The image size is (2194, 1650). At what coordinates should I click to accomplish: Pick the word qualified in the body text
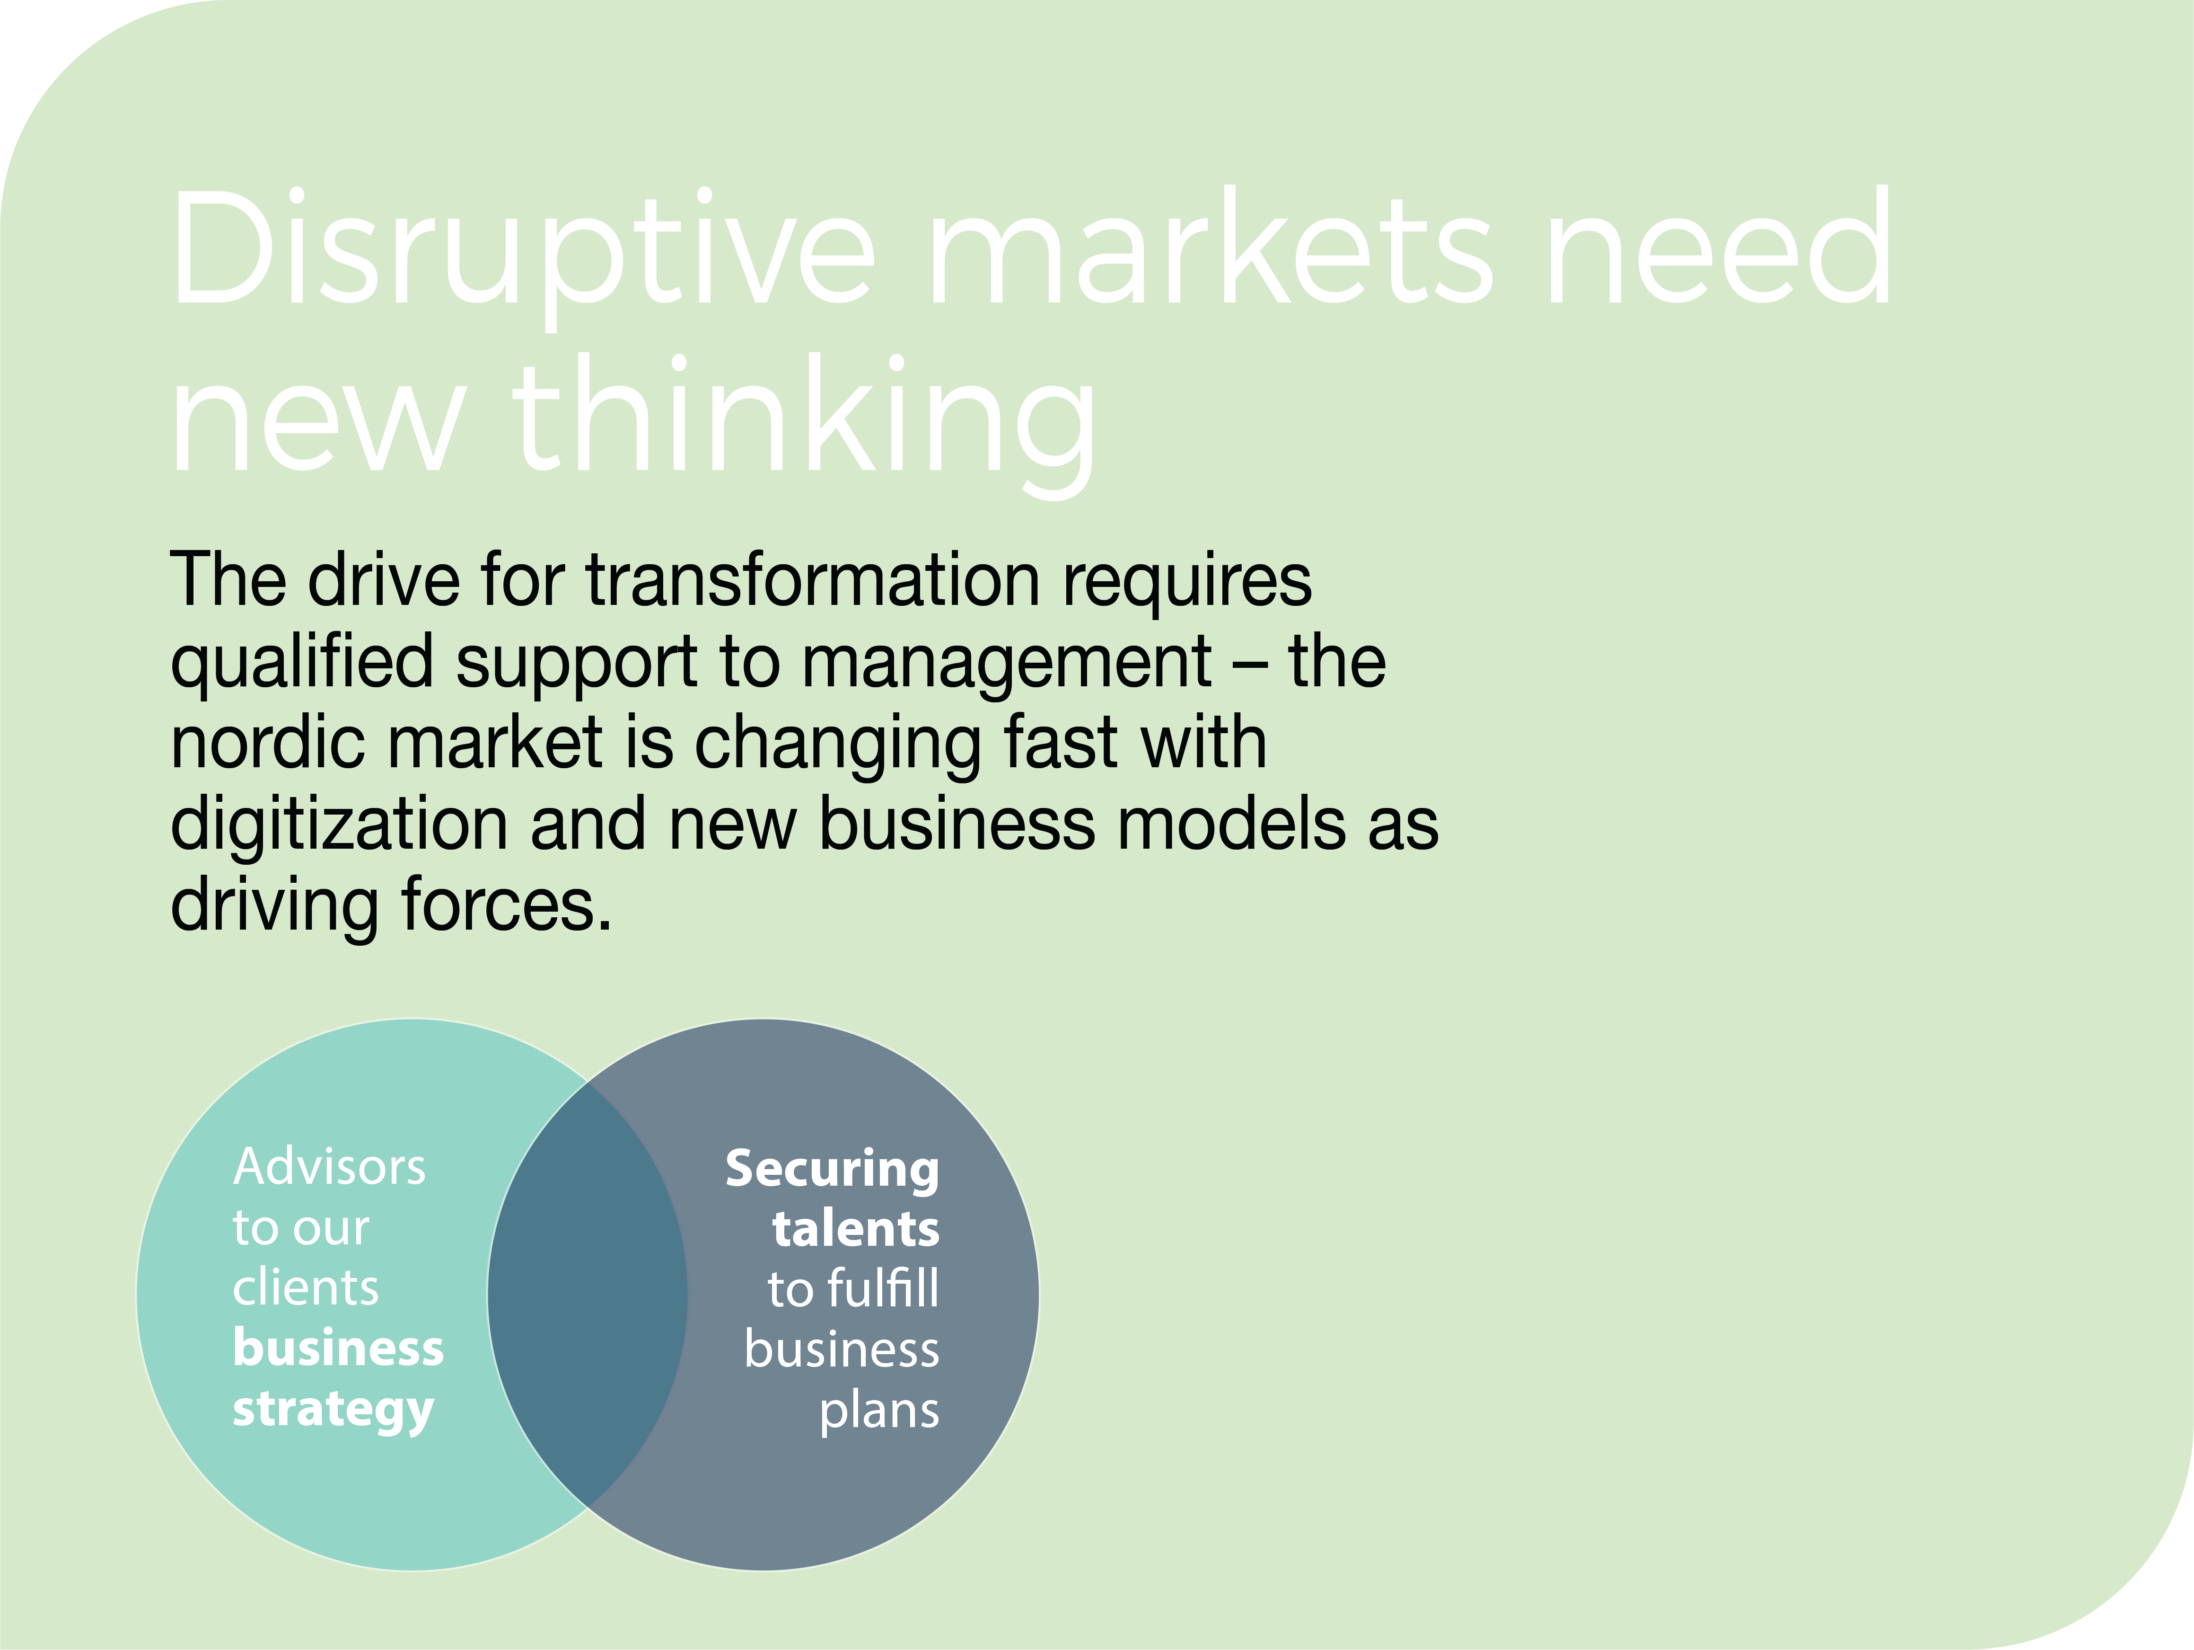click(303, 663)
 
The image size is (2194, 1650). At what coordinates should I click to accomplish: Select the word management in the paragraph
click(1007, 663)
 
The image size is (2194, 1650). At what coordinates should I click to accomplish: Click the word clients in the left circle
click(306, 1288)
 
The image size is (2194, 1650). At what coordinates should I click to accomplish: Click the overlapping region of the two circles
click(587, 1295)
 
